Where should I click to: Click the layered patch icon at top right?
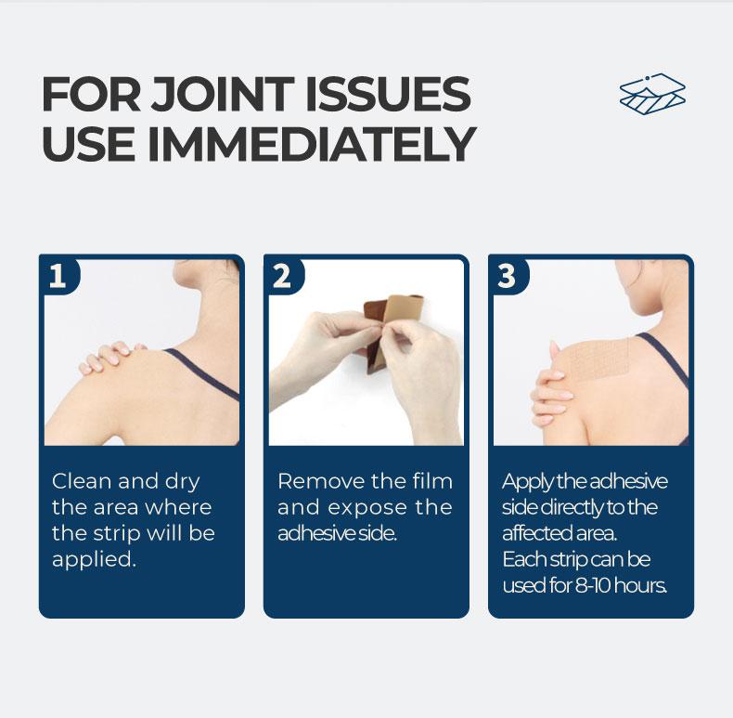click(652, 94)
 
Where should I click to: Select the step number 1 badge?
click(58, 276)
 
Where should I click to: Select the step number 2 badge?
click(282, 276)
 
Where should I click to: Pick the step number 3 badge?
click(507, 276)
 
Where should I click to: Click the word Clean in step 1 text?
click(80, 481)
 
